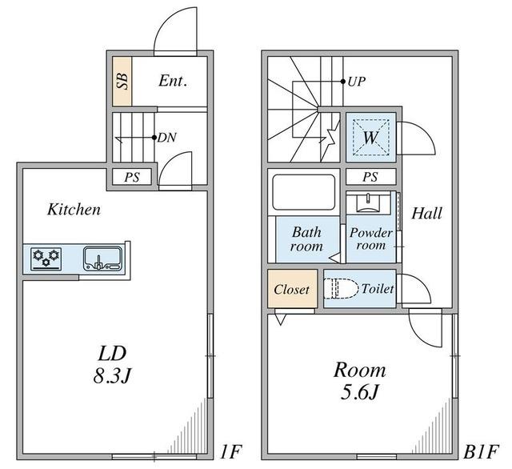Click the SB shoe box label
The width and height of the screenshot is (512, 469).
click(x=122, y=81)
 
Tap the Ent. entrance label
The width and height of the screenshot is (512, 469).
click(x=173, y=81)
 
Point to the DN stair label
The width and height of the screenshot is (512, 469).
click(x=167, y=138)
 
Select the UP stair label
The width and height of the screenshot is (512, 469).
click(x=356, y=82)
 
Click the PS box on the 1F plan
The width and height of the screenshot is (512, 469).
click(x=132, y=177)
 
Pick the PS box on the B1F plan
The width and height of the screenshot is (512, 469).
click(x=370, y=177)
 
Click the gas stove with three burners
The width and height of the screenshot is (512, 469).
click(x=46, y=259)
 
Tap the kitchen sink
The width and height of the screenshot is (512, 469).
click(x=103, y=259)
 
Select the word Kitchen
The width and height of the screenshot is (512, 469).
click(x=74, y=210)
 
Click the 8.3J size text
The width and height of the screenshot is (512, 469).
click(x=112, y=376)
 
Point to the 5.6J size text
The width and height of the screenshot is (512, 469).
click(x=359, y=392)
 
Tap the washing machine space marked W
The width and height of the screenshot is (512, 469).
click(x=371, y=137)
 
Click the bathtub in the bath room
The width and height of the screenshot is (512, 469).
click(x=304, y=192)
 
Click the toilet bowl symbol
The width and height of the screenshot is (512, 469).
click(x=340, y=289)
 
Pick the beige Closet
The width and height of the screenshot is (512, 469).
click(x=292, y=289)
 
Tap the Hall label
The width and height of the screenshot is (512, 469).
click(x=426, y=214)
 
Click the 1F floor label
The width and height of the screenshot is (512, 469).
click(x=230, y=452)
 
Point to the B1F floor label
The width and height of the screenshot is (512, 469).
click(x=481, y=452)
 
